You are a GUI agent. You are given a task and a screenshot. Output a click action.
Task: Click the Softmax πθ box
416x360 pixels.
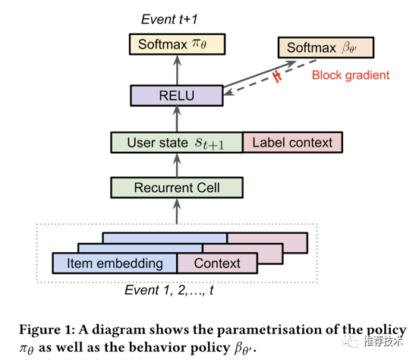[177, 44]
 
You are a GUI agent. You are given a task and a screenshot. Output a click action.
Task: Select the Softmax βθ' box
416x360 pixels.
[326, 48]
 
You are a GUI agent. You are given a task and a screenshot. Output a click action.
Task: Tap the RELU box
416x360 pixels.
[177, 96]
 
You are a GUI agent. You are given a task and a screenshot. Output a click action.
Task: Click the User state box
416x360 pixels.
[177, 143]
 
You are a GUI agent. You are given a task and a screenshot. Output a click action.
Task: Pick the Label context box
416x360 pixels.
[292, 143]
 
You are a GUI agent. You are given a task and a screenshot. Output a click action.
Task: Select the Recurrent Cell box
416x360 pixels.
[177, 188]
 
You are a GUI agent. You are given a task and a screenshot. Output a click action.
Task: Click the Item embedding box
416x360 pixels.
[115, 263]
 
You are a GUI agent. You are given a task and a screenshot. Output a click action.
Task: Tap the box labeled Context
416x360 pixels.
[217, 263]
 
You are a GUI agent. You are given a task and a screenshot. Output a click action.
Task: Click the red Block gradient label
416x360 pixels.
[351, 75]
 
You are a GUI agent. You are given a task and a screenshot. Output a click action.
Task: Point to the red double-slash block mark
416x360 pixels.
[277, 77]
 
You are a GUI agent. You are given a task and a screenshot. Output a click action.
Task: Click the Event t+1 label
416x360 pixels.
[169, 20]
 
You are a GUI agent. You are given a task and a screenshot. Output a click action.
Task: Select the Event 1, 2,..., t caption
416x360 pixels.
[169, 290]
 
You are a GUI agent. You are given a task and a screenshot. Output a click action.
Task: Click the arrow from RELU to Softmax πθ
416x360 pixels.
[177, 70]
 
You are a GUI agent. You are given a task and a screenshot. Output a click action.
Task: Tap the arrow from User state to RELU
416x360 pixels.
[177, 119]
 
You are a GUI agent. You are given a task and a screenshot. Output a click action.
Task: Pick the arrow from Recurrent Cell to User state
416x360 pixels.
[177, 165]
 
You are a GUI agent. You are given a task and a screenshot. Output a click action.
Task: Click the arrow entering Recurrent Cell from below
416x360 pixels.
[177, 211]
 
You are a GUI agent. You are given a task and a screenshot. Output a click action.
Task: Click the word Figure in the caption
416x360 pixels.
[39, 330]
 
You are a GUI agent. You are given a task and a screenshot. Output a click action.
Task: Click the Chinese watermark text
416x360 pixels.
[383, 341]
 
